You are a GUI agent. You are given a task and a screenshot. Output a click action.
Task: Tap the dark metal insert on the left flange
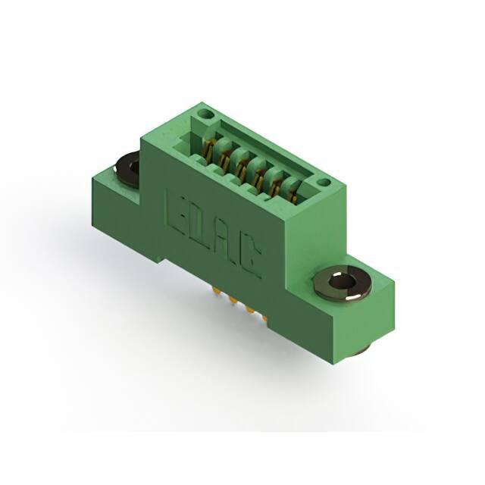tap(127, 170)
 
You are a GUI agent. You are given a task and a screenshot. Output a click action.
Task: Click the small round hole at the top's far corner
tap(205, 115)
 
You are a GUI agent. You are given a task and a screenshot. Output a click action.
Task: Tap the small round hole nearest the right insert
tap(324, 183)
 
